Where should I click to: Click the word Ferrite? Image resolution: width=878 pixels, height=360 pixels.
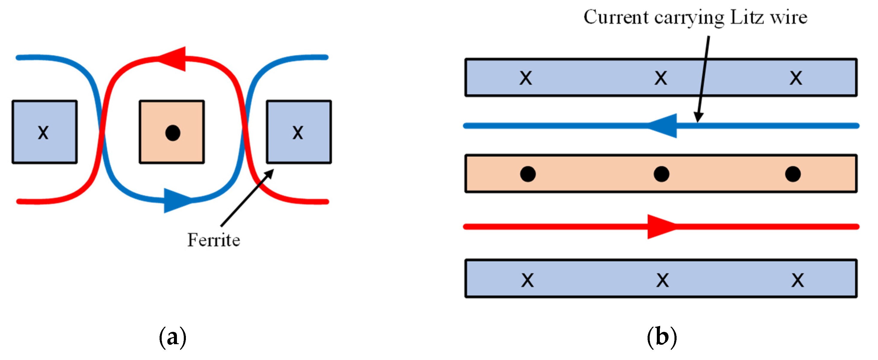214,240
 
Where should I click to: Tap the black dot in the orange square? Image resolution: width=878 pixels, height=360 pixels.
172,133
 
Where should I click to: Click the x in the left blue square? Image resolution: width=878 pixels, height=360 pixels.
43,132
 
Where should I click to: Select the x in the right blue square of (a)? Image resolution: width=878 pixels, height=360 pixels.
298,132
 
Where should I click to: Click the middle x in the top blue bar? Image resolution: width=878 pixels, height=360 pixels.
660,78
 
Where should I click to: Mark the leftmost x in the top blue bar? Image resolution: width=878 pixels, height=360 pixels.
525,78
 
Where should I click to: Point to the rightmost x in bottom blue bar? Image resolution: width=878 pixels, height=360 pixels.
798,280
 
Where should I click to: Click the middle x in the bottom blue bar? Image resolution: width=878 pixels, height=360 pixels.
663,280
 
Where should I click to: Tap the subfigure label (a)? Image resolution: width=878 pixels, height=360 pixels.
172,337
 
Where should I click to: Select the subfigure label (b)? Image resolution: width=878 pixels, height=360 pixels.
662,337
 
